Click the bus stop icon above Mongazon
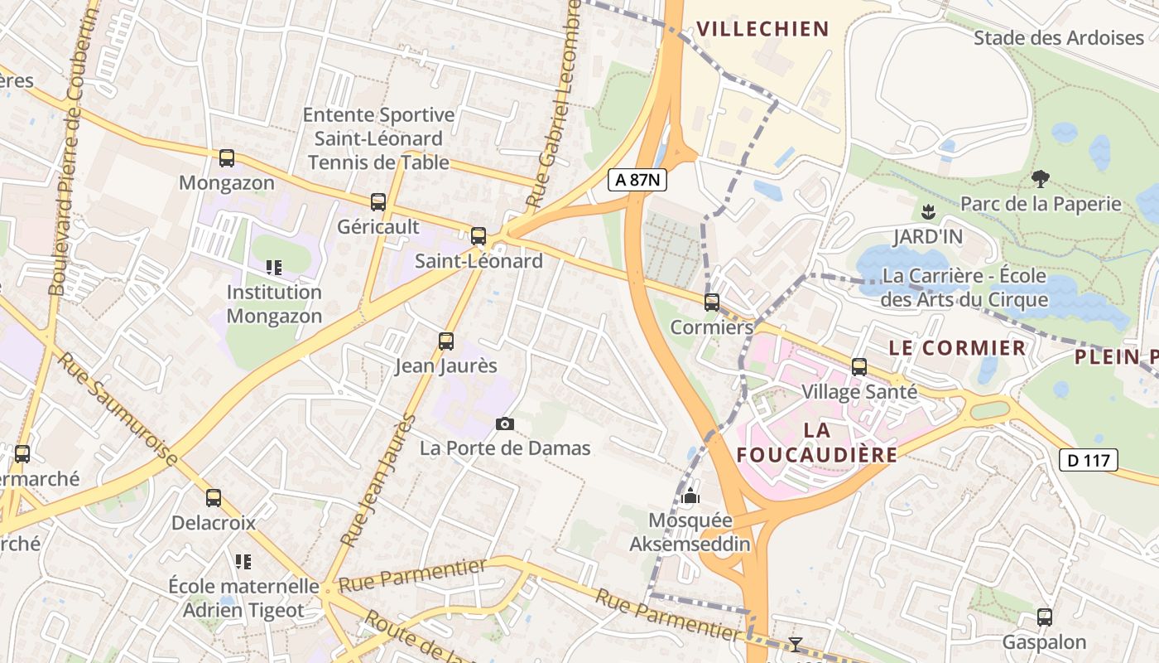pyautogui.click(x=226, y=157)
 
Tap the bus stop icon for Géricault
pyautogui.click(x=378, y=201)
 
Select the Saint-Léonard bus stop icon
pyautogui.click(x=479, y=235)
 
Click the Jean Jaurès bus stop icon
pyautogui.click(x=445, y=341)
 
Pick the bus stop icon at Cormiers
pyautogui.click(x=712, y=302)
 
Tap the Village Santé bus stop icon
pyautogui.click(x=859, y=366)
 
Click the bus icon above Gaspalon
pyautogui.click(x=1045, y=617)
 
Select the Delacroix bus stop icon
pyautogui.click(x=214, y=497)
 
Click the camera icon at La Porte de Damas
pyautogui.click(x=505, y=423)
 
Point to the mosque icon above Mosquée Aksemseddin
pyautogui.click(x=690, y=496)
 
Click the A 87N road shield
pyautogui.click(x=637, y=180)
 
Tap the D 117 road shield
pyautogui.click(x=1089, y=460)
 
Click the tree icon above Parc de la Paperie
pyautogui.click(x=1041, y=178)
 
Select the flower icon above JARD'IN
pyautogui.click(x=928, y=211)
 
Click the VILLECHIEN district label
pyautogui.click(x=762, y=29)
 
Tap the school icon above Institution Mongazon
pyautogui.click(x=274, y=267)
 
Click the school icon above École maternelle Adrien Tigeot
pyautogui.click(x=243, y=561)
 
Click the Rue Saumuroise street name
pyautogui.click(x=118, y=409)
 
